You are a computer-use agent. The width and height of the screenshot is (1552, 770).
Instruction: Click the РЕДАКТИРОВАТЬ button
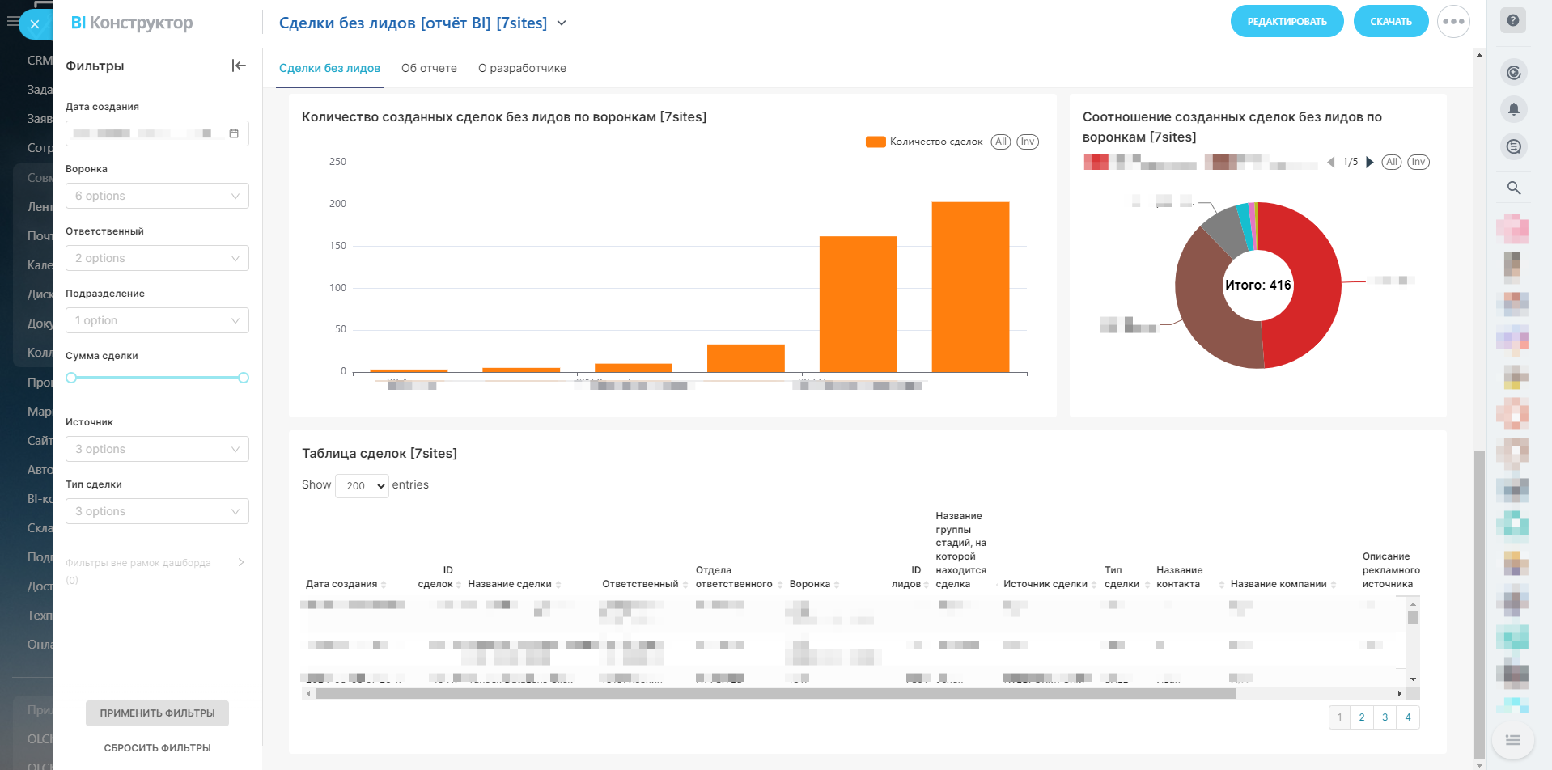point(1287,22)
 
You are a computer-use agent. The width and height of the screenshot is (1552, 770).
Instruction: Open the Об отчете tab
point(429,68)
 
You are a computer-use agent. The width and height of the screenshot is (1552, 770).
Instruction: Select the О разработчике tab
point(522,68)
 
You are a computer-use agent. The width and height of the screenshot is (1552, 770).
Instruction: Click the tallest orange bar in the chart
point(970,286)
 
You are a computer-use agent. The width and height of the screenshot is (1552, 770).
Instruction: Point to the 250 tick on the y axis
point(337,162)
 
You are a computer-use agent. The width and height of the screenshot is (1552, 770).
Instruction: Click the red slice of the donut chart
point(1303,283)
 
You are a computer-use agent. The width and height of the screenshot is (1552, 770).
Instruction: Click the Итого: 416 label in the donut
point(1257,285)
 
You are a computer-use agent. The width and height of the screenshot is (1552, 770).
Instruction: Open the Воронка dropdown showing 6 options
point(157,196)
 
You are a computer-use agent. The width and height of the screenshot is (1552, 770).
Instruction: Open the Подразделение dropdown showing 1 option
point(157,320)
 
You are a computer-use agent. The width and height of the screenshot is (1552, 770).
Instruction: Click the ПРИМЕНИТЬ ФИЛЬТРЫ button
point(157,713)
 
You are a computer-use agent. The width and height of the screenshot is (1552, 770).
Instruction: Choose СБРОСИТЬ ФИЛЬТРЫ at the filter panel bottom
point(157,748)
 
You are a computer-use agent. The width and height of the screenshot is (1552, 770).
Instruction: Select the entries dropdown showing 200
point(362,485)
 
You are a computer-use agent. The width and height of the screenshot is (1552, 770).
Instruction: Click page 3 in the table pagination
point(1385,717)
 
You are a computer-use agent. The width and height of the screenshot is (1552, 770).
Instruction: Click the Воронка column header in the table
point(809,584)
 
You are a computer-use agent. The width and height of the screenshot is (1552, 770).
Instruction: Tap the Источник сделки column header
point(1045,584)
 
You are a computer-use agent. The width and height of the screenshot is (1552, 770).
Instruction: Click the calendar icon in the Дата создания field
point(234,133)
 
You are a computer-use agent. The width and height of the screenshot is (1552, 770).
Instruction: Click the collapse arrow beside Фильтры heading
point(239,66)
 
